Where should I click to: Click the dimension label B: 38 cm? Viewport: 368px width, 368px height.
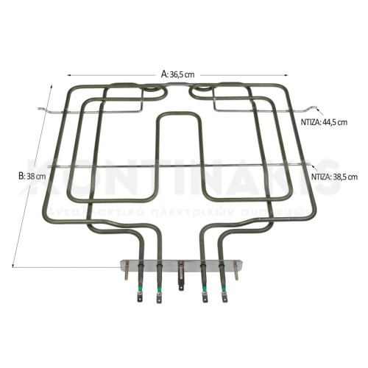pyautogui.click(x=32, y=177)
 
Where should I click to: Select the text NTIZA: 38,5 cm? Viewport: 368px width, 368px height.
pyautogui.click(x=334, y=177)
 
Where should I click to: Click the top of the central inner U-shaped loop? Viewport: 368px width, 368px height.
pyautogui.click(x=179, y=114)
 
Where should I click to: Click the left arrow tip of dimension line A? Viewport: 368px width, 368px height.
pyautogui.click(x=68, y=74)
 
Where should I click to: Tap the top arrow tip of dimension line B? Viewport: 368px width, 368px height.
pyautogui.click(x=53, y=84)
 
